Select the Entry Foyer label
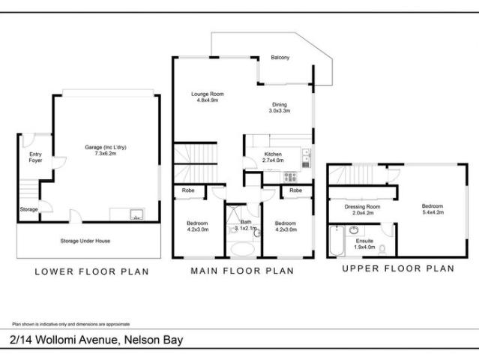pos(35,157)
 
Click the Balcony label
pos(280,58)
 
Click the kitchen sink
pos(305,157)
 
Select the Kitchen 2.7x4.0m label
pos(274,157)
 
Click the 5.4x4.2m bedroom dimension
pos(432,212)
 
